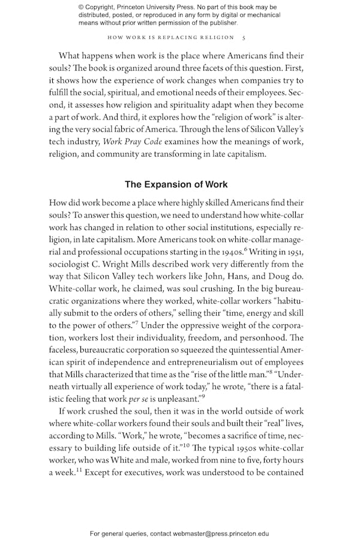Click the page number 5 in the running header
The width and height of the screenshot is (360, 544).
242,37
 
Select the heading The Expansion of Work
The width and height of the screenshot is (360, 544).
176,184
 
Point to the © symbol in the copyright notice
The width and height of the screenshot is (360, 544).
82,7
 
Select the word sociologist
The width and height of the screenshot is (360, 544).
72,264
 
